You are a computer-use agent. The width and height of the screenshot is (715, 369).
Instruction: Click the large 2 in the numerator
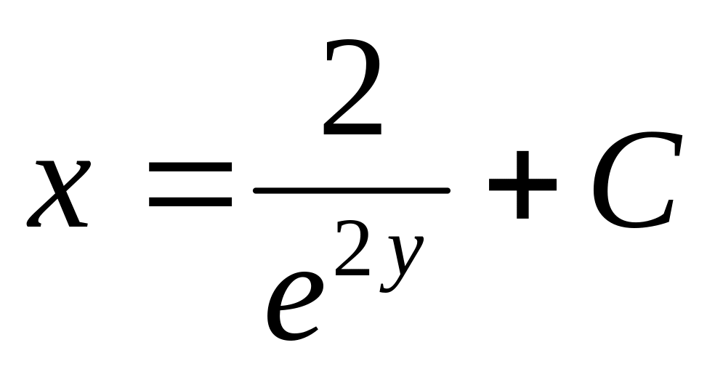[x=352, y=91]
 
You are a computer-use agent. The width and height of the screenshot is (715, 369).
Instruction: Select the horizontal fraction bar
[x=351, y=190]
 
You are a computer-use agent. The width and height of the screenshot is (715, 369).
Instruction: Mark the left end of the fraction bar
[x=256, y=190]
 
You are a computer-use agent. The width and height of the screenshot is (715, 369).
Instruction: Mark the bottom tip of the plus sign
[x=521, y=217]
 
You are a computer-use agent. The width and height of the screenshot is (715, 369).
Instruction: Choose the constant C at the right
[x=636, y=182]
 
